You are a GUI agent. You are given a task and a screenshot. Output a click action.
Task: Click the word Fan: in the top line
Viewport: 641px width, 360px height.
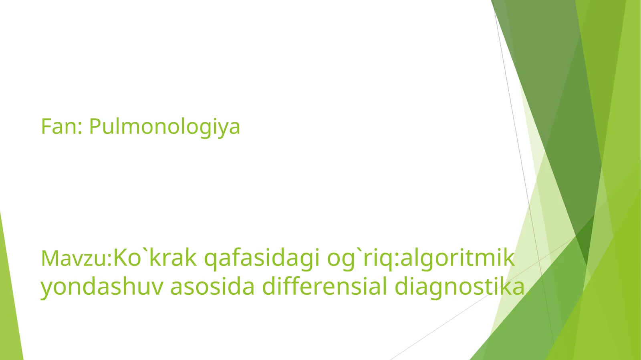62,127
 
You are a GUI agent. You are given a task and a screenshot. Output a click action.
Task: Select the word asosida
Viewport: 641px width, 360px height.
212,287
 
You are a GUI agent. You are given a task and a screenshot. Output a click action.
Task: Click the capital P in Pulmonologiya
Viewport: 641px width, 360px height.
94,127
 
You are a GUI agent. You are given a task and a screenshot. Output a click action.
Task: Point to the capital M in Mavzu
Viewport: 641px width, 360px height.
49,258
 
